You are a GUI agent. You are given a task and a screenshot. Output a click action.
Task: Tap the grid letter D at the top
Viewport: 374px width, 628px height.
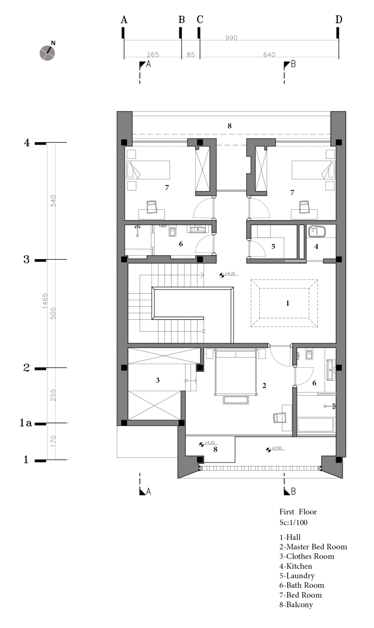point(339,20)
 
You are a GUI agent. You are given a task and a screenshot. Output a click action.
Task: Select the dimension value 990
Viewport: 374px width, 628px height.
point(231,38)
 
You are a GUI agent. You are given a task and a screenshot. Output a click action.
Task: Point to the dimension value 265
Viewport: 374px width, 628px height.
point(153,54)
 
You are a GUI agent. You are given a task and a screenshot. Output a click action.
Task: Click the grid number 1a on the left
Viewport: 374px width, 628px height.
point(26,423)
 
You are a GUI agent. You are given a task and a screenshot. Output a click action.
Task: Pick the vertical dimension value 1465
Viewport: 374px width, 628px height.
point(45,301)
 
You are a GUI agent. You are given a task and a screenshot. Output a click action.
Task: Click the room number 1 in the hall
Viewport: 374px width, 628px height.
point(287,303)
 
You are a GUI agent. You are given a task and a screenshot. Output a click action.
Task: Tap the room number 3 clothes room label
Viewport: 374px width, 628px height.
point(158,380)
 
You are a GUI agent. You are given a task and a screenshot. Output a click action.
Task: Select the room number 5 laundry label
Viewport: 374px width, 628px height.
point(273,247)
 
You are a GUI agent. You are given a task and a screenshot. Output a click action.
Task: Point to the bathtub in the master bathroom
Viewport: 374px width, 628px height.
point(316,425)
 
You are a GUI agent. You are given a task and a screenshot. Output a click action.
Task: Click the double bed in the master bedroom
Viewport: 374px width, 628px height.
point(235,372)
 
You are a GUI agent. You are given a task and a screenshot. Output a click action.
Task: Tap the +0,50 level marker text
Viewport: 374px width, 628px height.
point(276,448)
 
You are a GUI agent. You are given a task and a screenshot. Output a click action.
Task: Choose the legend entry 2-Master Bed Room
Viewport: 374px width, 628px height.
point(313,547)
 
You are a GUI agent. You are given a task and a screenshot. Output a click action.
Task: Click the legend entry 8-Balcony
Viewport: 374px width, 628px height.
point(296,605)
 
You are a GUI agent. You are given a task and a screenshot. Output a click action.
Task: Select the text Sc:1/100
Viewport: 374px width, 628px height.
point(294,523)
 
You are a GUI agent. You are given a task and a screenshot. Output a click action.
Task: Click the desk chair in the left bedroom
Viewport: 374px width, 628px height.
point(151,207)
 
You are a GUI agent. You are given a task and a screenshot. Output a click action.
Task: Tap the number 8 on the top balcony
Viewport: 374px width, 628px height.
point(229,126)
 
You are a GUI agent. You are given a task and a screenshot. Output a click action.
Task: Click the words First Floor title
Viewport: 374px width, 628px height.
point(298,512)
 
